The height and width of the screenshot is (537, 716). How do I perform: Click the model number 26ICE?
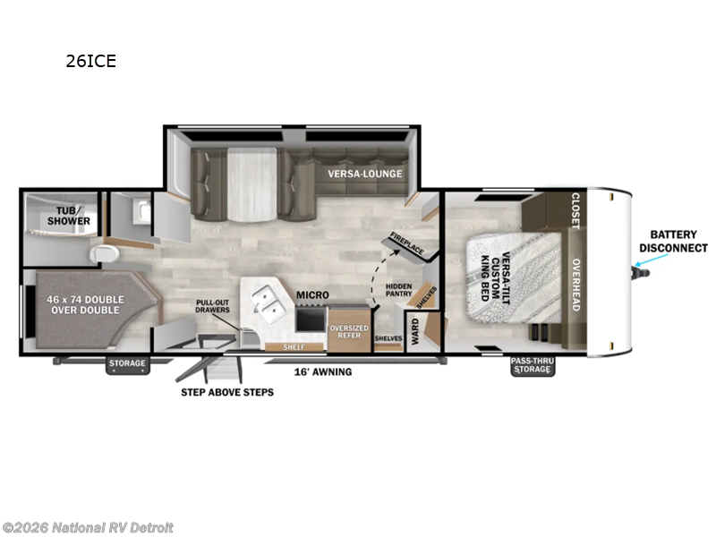90,62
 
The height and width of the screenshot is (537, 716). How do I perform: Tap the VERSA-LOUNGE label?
364,174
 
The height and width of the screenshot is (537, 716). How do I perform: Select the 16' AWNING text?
323,371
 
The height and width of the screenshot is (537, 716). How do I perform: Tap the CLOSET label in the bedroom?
575,210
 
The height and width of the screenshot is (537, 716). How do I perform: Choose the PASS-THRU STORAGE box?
531,366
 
